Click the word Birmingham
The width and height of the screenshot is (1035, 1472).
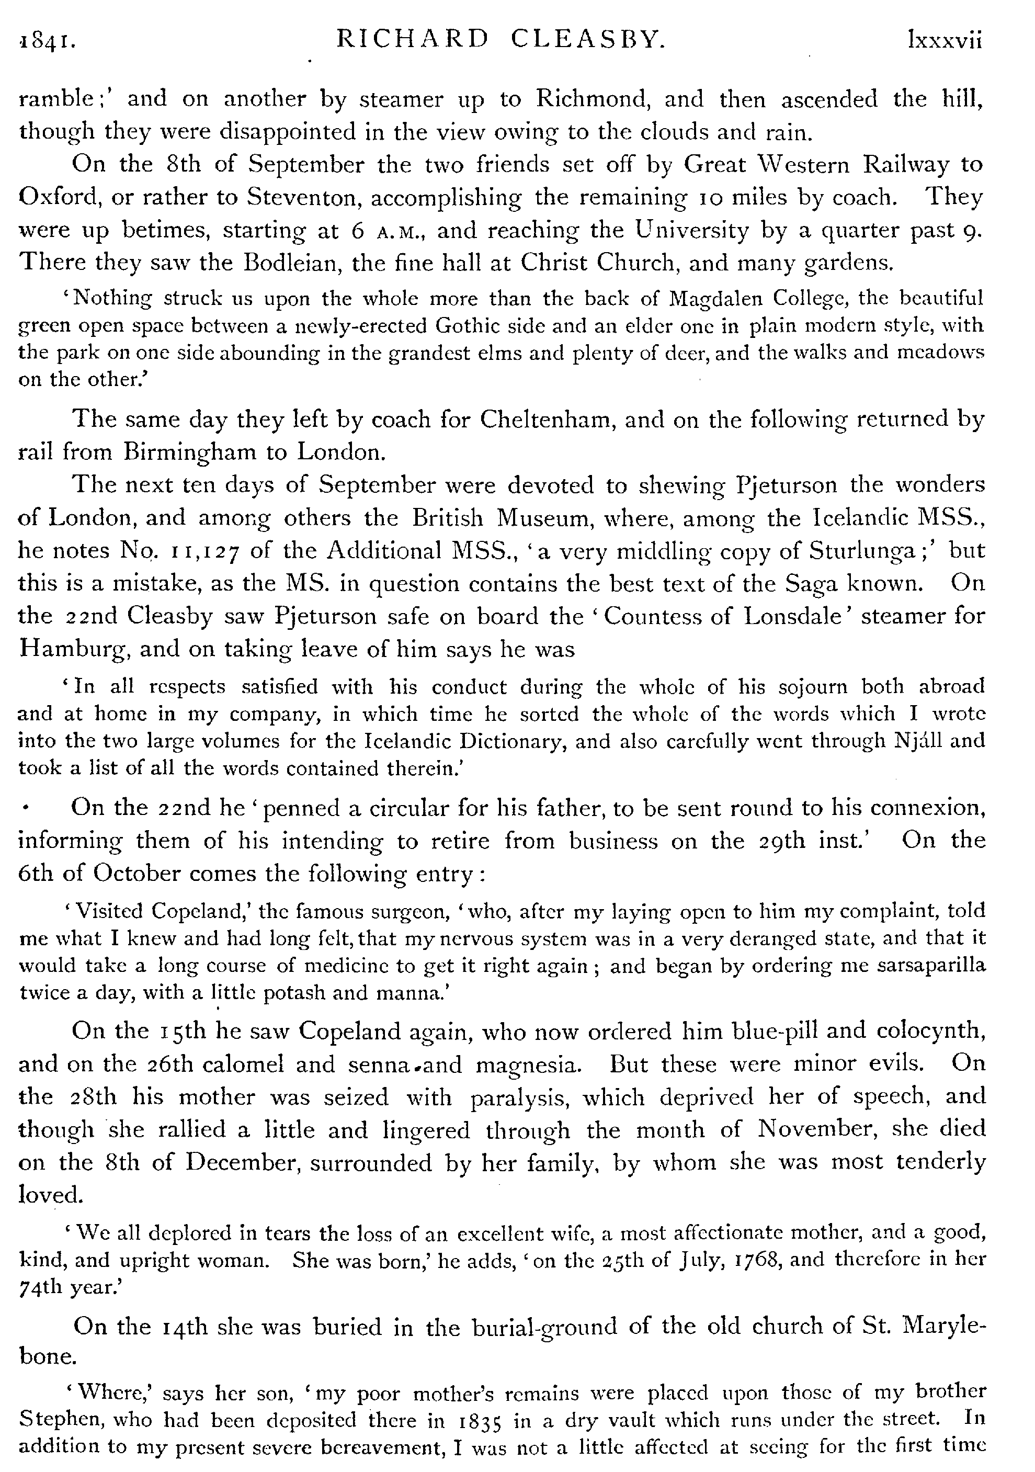(188, 452)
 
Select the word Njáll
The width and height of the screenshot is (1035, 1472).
(918, 741)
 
